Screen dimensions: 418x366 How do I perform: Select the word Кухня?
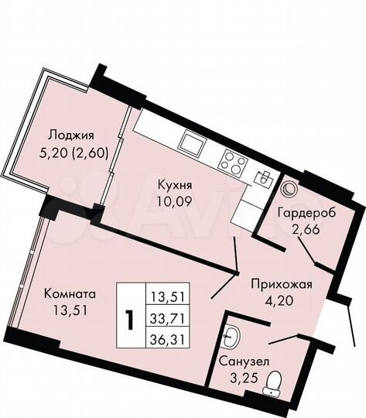[x=174, y=186]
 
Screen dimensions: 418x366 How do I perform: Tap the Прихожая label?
[x=281, y=284]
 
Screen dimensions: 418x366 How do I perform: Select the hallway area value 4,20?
[x=281, y=301]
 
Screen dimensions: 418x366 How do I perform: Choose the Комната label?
[x=70, y=295]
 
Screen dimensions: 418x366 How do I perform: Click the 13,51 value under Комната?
[x=70, y=312]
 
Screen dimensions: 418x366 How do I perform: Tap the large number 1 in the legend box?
[x=131, y=317]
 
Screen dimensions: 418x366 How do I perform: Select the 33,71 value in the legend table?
[x=172, y=317]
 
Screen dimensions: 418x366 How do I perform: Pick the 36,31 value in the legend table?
[x=172, y=337]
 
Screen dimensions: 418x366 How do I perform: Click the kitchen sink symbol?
[x=190, y=142]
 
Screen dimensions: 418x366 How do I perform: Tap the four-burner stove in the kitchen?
[x=233, y=162]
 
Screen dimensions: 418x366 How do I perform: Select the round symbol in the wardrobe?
[x=291, y=187]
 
